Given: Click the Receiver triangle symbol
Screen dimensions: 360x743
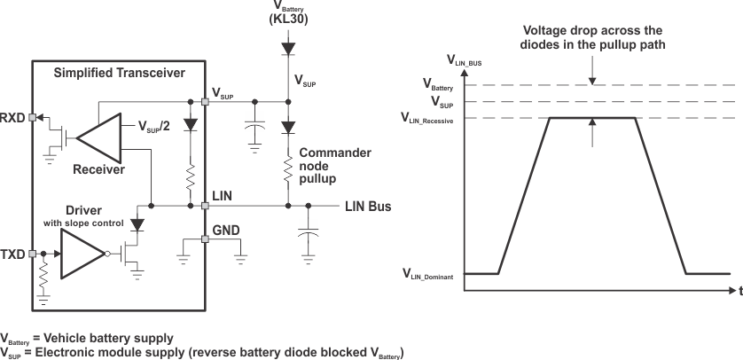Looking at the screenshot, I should coord(98,136).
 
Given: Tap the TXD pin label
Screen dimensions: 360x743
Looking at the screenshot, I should coord(12,254).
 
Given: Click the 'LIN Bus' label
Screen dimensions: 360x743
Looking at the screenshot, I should coord(367,207).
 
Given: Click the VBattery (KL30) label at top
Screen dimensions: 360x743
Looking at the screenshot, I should coord(287,11).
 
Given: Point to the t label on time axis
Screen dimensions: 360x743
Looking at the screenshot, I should coord(738,292).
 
